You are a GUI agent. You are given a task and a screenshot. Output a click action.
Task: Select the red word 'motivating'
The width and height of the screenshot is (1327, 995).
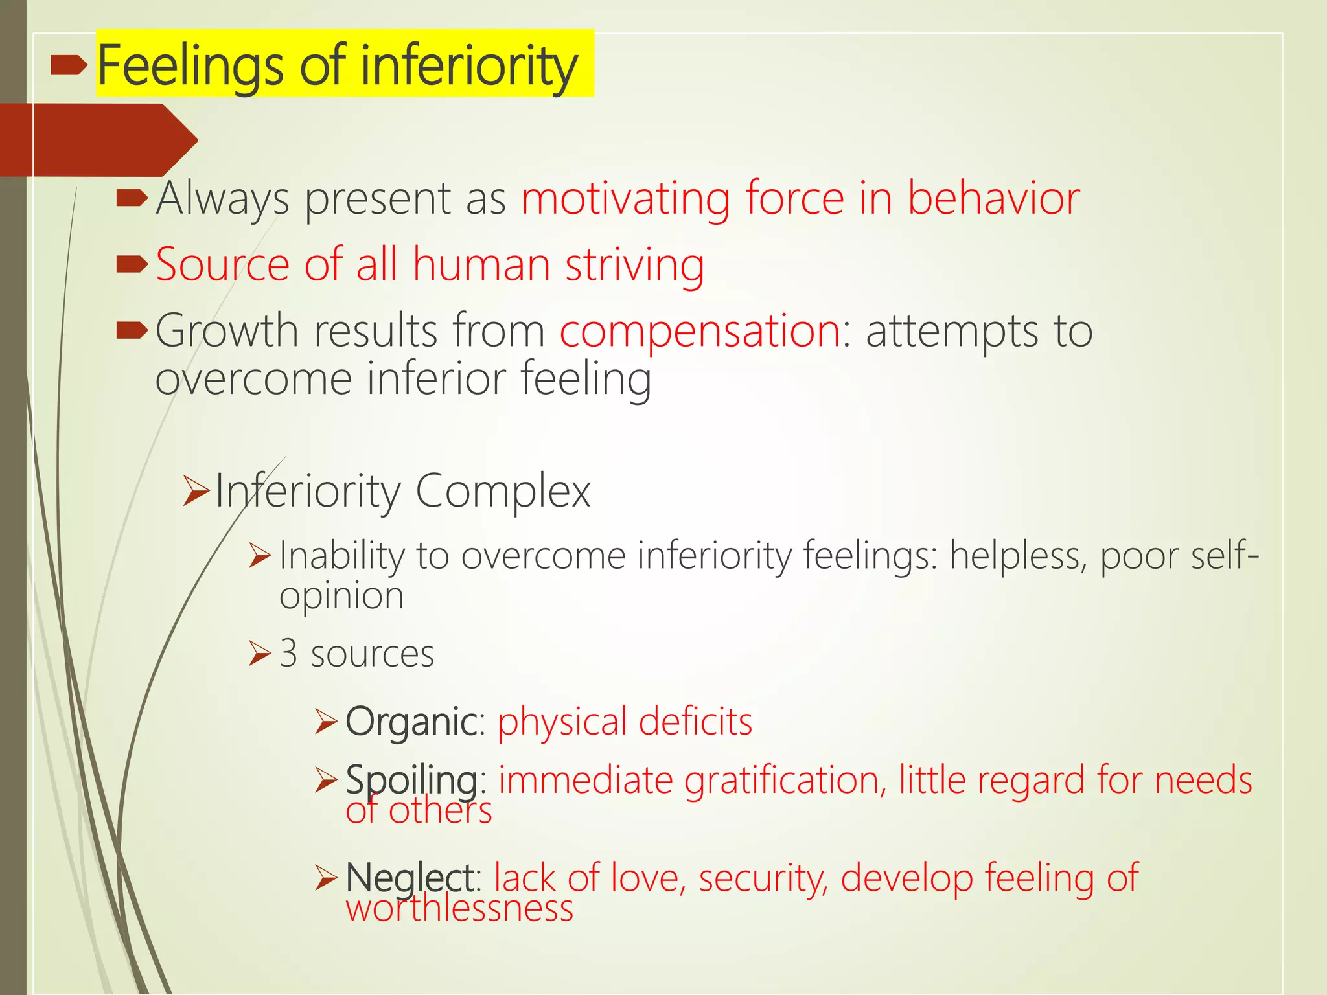pyautogui.click(x=625, y=198)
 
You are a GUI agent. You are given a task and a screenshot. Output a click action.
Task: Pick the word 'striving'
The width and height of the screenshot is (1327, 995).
pyautogui.click(x=634, y=266)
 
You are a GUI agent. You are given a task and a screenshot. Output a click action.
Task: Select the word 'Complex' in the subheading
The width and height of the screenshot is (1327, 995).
pyautogui.click(x=503, y=491)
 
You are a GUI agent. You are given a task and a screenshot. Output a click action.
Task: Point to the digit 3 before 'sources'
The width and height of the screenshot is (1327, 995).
pyautogui.click(x=288, y=654)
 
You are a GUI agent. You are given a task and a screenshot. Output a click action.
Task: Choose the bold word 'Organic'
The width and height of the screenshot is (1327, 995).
pyautogui.click(x=411, y=722)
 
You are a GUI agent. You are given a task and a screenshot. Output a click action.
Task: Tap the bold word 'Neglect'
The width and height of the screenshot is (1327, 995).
pyautogui.click(x=410, y=878)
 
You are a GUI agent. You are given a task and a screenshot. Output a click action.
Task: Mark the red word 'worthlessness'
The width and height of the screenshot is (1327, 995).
pyautogui.click(x=459, y=908)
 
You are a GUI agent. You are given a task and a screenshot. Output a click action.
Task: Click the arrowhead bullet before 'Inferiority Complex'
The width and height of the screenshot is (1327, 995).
pyautogui.click(x=196, y=490)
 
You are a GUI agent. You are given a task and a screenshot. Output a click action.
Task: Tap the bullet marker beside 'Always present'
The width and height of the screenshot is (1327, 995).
pyautogui.click(x=132, y=198)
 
